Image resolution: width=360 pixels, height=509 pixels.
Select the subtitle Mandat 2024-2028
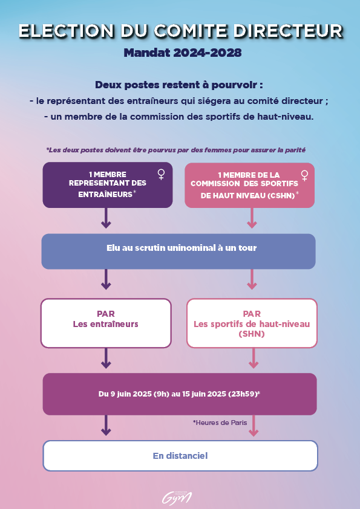pos(183,53)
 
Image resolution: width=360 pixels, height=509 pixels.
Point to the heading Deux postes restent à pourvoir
pos(179,85)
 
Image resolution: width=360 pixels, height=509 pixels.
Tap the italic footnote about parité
pos(176,150)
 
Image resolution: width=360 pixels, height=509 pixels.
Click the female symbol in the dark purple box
pos(161,174)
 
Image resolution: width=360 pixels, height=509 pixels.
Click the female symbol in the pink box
pos(304,176)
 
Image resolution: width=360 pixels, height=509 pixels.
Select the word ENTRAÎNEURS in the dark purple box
pos(105,195)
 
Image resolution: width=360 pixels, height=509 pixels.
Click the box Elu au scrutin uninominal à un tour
pos(178,251)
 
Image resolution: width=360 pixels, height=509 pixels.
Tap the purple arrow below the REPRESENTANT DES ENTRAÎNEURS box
pos(106,218)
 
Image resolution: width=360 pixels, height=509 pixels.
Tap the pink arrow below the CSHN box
pos(252,218)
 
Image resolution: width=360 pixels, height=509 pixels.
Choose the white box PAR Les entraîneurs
pos(106,323)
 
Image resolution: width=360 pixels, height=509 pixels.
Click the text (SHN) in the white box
pos(252,334)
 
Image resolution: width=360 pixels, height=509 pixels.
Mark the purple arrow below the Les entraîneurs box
pos(106,358)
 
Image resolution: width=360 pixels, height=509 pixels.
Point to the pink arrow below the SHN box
pos(254,358)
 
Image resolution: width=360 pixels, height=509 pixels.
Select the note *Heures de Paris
pos(220,423)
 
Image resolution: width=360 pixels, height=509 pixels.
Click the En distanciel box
pos(180,456)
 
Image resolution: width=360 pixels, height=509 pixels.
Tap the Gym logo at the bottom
pos(177,498)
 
